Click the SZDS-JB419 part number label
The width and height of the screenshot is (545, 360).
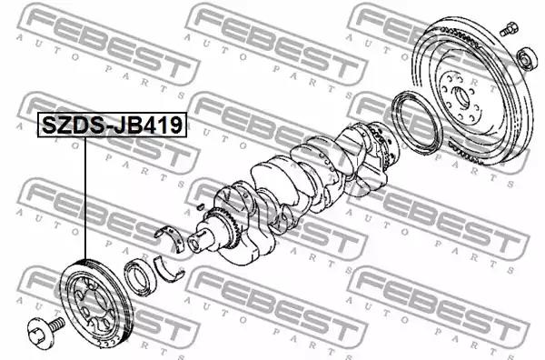click(112, 125)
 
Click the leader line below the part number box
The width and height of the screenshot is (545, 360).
click(84, 198)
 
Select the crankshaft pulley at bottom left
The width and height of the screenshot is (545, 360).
click(96, 302)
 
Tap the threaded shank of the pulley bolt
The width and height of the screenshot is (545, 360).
click(57, 325)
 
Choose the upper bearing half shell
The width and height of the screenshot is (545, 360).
click(171, 236)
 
